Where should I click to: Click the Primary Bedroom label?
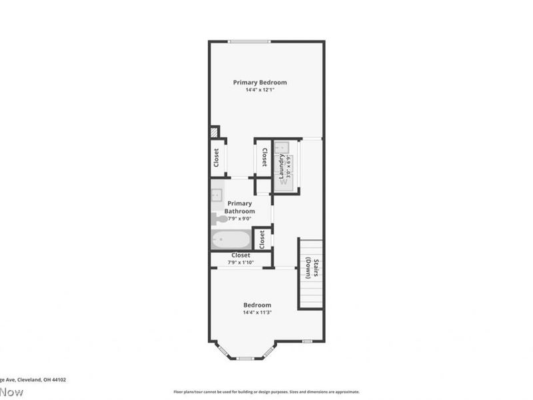[x=260, y=83]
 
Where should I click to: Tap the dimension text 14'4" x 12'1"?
[x=260, y=90]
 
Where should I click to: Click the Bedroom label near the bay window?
[x=257, y=305]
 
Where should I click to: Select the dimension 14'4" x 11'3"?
[x=257, y=312]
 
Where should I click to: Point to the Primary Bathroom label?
[x=240, y=207]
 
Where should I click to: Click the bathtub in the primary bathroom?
[x=231, y=239]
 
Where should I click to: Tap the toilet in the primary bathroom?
[x=218, y=217]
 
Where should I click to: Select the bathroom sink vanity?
[x=217, y=195]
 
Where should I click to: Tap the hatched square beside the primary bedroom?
[x=215, y=132]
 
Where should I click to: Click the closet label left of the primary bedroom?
[x=217, y=158]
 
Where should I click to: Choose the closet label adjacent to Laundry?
[x=265, y=158]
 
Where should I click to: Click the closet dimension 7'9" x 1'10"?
[x=241, y=263]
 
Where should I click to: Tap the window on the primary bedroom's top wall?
[x=249, y=42]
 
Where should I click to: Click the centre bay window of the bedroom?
[x=245, y=358]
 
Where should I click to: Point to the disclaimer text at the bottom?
[x=266, y=392]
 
